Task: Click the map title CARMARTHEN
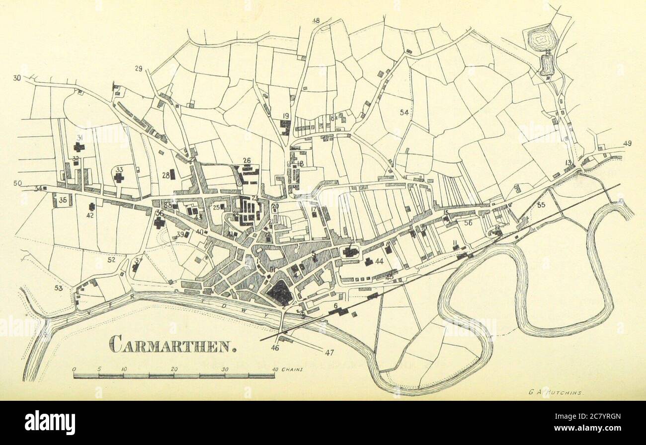point(172,344)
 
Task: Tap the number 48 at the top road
point(316,20)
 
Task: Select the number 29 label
point(139,68)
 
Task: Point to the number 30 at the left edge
point(17,78)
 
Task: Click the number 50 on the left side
point(17,183)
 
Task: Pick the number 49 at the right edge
point(627,144)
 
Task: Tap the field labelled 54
point(404,113)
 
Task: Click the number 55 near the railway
point(541,204)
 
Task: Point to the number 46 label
point(275,348)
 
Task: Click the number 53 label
point(59,288)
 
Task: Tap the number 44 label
point(380,261)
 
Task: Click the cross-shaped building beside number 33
point(119,178)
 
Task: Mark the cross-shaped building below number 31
point(79,147)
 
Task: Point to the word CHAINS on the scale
point(292,370)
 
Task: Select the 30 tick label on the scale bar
point(225,370)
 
